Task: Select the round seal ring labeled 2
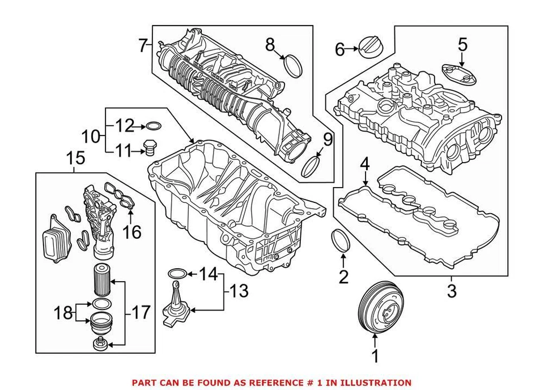[x=342, y=241]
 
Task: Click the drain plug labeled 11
[x=150, y=148]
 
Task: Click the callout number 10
[x=89, y=136]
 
